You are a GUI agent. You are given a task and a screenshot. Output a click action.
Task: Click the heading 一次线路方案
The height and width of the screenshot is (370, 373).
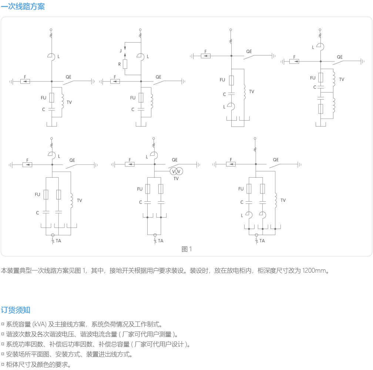[x=23, y=6]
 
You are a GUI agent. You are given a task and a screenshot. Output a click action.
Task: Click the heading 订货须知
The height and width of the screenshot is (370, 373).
[x=16, y=310]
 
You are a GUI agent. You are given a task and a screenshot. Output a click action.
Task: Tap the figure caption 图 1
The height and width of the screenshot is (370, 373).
[x=186, y=249]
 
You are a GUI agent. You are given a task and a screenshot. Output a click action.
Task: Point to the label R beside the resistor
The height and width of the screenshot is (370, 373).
[x=120, y=64]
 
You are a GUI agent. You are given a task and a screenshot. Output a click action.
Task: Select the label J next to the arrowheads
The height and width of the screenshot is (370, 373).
[x=121, y=51]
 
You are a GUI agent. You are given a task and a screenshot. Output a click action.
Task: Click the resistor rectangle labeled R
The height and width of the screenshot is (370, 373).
[x=125, y=64]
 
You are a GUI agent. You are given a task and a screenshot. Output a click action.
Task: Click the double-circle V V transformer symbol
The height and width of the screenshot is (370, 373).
[x=176, y=171]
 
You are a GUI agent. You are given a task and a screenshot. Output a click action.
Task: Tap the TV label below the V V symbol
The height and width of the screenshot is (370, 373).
[x=176, y=179]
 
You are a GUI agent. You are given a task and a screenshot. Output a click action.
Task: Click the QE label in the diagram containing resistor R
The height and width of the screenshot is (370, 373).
[x=158, y=77]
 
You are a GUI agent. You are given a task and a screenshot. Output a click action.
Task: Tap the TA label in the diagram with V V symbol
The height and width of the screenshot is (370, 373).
[x=161, y=241]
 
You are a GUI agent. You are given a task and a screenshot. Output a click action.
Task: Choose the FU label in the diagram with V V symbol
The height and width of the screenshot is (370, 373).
[x=140, y=189]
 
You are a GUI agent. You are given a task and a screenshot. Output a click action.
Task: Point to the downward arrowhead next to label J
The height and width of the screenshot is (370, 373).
[x=125, y=48]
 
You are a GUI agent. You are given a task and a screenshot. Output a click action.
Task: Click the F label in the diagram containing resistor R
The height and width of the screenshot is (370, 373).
[x=115, y=77]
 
